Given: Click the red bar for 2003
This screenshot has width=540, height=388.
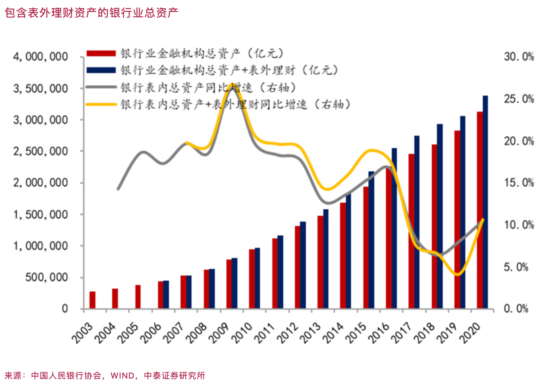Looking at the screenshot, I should coord(93,300).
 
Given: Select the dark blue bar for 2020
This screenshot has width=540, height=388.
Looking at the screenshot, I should coord(485,202).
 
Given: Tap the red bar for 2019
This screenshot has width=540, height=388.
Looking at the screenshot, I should coord(457,219).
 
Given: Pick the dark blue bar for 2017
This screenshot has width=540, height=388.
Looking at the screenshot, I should coord(417,222).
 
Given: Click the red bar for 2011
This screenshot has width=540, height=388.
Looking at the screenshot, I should coord(275,273).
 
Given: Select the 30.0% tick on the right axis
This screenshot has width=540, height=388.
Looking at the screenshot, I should coord(518,57).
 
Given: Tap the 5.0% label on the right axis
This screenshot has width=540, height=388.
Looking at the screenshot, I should coord(515,267).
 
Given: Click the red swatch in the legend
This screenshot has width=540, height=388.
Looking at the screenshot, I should coord(101,53).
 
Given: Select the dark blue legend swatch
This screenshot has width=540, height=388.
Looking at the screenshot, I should coord(101,70).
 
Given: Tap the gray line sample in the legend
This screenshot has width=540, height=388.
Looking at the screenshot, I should coord(101,87).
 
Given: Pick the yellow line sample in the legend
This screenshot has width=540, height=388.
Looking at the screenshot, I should coord(101,104).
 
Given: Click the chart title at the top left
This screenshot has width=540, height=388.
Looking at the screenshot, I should coord(91,13).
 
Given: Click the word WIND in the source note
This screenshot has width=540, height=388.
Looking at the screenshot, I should coord(123,376).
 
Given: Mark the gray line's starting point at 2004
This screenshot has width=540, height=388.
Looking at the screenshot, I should coord(118,189).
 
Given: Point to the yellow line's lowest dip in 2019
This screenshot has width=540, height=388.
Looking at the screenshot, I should coord(458,274).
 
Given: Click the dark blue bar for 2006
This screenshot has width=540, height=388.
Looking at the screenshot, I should coord(166,294).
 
